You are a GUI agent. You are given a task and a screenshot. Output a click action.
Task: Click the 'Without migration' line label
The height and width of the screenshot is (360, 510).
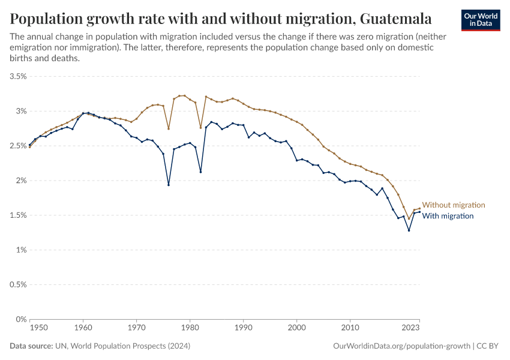click(453, 205)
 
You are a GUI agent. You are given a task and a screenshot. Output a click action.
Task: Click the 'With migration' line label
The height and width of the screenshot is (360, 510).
click(448, 216)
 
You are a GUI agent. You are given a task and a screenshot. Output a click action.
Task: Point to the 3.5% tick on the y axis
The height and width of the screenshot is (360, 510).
click(18, 77)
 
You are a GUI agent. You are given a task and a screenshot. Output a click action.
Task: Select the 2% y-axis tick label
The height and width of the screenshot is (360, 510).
click(21, 181)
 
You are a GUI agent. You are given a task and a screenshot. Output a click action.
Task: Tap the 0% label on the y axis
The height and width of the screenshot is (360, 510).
click(21, 319)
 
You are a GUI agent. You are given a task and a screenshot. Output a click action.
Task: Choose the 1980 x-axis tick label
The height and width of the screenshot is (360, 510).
click(190, 328)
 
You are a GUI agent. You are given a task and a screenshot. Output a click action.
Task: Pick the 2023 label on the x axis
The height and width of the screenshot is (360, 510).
click(410, 328)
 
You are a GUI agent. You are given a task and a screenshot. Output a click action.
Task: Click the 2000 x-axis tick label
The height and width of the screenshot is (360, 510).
click(296, 328)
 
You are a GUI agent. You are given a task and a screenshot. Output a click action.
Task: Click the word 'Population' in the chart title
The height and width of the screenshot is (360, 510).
click(48, 18)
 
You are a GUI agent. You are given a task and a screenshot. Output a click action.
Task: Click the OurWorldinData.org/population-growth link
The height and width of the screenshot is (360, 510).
click(401, 346)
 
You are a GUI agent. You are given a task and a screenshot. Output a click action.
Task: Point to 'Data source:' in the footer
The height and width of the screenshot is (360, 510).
click(31, 346)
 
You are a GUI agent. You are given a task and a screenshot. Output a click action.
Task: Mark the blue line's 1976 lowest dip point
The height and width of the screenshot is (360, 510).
click(169, 185)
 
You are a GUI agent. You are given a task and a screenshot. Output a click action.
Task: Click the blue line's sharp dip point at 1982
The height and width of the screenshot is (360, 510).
click(200, 172)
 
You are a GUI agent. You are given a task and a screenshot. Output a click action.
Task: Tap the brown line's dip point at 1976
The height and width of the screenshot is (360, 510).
click(169, 128)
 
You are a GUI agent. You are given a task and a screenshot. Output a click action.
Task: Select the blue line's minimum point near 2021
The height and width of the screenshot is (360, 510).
click(409, 230)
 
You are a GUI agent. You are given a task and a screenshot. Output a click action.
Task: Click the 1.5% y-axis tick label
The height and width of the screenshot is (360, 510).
click(18, 215)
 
